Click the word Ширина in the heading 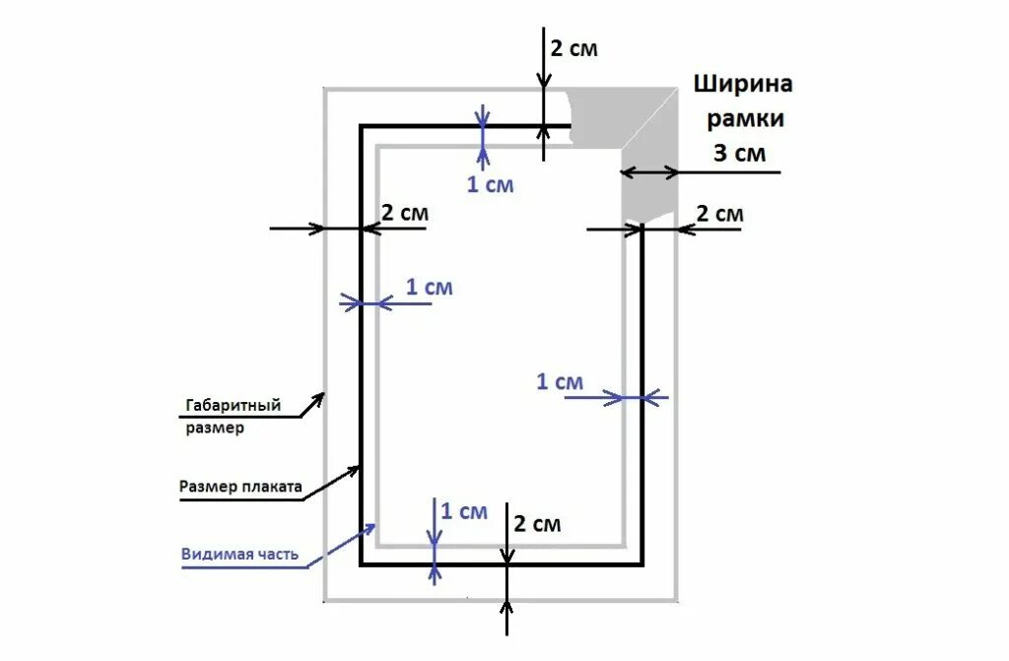point(743,84)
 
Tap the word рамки point(743,119)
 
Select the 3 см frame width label point(740,154)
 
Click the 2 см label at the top point(573,48)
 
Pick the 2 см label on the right point(719,214)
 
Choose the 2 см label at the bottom point(537,524)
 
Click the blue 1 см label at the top point(490,184)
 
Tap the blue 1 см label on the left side point(430,288)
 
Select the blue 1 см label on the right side point(560,381)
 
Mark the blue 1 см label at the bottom point(463,511)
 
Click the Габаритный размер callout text point(233,417)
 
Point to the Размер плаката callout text point(240,486)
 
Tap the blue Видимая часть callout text point(239,554)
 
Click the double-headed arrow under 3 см point(650,172)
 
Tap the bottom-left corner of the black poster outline point(361,564)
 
